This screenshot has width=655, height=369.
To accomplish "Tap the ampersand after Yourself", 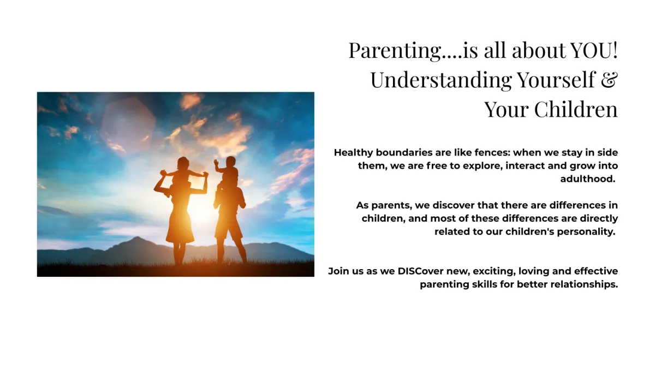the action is point(609,80).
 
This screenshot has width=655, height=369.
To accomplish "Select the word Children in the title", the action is point(576,109).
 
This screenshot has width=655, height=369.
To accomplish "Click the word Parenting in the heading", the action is point(395,51).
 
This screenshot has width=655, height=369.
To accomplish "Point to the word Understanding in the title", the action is point(441,80).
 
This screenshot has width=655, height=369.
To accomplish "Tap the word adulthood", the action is point(588,178).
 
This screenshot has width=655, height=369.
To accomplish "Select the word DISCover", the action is point(420,271).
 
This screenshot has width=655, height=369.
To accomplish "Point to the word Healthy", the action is point(354,153).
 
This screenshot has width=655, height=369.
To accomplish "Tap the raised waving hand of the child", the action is point(216,162).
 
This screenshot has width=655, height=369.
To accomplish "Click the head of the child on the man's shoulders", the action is point(230,162).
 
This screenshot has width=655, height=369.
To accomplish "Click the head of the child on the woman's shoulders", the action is point(183,163).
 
